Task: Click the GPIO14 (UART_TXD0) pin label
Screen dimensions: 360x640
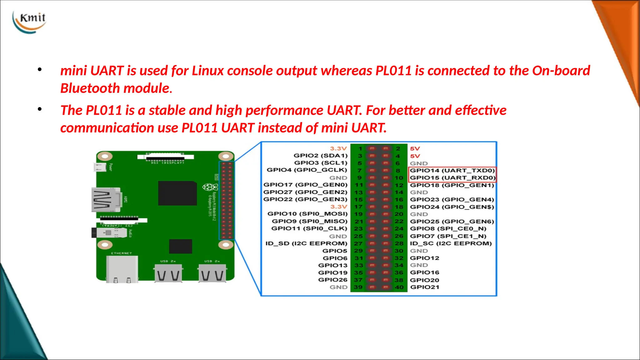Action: point(452,171)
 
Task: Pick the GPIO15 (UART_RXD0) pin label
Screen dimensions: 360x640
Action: point(452,178)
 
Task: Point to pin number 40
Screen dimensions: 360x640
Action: point(399,287)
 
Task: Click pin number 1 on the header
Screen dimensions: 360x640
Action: point(360,149)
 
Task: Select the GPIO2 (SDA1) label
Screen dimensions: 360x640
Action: point(320,156)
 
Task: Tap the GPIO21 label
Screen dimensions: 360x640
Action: point(424,287)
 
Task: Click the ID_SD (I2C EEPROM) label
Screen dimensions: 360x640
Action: point(306,243)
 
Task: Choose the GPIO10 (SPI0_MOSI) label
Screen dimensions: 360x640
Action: point(307,214)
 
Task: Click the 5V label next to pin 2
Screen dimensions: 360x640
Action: point(415,149)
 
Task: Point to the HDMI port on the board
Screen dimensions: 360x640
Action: point(105,200)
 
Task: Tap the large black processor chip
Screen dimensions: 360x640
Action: point(177,193)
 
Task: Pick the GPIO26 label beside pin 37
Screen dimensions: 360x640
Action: point(332,280)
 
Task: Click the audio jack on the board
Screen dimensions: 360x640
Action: point(109,233)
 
